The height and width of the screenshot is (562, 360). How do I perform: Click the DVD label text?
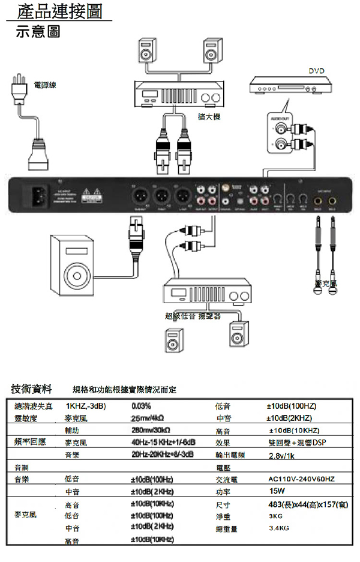point(316,71)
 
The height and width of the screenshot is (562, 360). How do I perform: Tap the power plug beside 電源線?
point(21,91)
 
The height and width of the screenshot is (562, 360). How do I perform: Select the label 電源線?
point(46,85)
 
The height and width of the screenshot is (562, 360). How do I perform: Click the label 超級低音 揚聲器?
point(193,315)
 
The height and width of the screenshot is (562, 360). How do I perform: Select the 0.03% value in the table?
point(141,406)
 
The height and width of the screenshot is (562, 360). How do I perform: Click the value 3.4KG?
point(280,528)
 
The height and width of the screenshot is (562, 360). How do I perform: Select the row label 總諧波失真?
point(34,406)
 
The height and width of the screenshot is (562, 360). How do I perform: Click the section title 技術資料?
point(32,388)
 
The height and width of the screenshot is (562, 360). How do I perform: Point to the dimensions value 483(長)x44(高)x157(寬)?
point(307,504)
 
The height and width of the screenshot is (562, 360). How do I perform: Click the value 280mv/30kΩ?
point(151,430)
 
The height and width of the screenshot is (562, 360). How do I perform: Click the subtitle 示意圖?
point(38,31)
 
